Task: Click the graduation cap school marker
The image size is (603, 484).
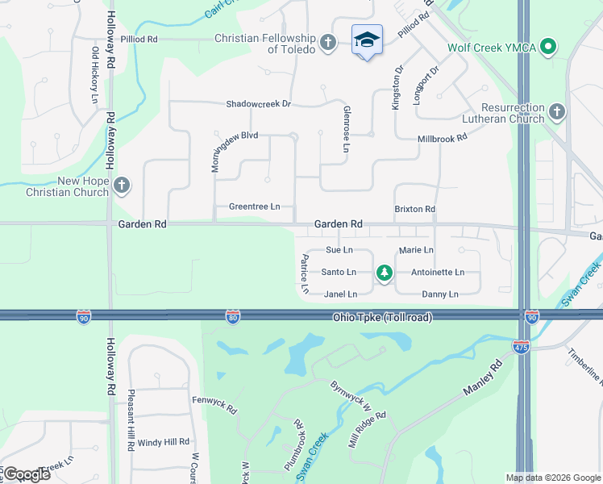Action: point(367,40)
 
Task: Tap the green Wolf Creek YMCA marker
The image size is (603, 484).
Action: point(549,47)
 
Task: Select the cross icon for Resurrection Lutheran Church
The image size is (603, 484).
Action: point(557,112)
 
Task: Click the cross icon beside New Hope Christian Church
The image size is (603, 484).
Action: point(121,186)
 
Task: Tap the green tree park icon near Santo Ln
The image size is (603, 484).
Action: point(385,273)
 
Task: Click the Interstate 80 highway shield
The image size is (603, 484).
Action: point(232,317)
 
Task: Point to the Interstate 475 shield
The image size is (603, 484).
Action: point(521,347)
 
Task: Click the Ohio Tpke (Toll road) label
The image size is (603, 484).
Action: point(382,318)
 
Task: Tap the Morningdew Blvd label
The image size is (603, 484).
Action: point(231,136)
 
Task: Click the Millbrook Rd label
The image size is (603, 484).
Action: point(442,139)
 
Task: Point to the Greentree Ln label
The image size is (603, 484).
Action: point(254,207)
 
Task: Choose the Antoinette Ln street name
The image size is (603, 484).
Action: point(438,273)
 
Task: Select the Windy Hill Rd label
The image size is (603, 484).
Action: point(163,442)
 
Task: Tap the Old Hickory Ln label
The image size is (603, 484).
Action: point(94,75)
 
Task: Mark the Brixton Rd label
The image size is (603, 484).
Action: point(414,209)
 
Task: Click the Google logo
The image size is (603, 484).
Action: point(26,474)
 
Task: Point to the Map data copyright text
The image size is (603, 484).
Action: point(551,478)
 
